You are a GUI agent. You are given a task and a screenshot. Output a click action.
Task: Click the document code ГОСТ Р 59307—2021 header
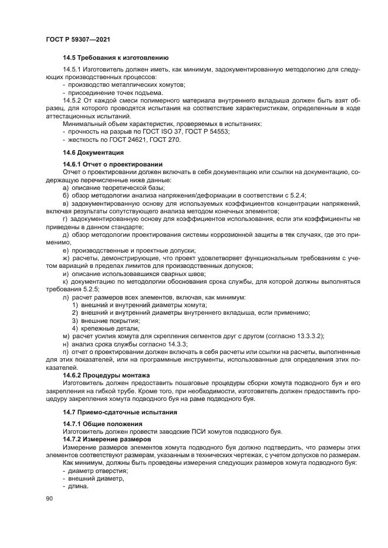click(x=78, y=38)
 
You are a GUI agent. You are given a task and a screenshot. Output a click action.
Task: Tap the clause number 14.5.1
click(x=73, y=70)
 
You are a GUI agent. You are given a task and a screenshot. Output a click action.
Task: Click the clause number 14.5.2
click(x=73, y=100)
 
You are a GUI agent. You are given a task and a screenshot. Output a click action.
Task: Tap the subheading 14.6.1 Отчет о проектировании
click(x=112, y=164)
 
